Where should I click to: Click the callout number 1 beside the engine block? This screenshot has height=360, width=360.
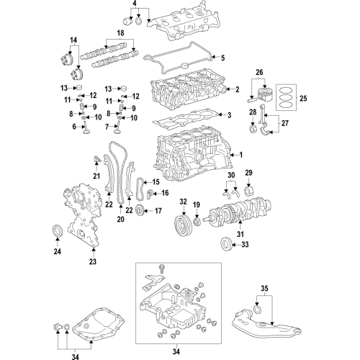[242, 155]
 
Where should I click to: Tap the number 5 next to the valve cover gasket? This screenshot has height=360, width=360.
[222, 58]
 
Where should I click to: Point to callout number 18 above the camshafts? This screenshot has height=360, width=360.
[120, 34]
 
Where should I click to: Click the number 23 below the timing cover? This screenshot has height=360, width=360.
[92, 262]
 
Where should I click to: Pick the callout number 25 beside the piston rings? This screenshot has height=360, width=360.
[302, 96]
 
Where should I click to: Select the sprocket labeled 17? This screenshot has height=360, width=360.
[141, 211]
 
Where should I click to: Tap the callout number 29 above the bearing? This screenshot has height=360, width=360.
[249, 174]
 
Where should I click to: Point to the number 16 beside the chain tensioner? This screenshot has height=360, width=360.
[165, 193]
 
